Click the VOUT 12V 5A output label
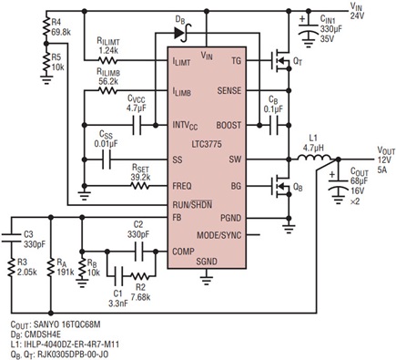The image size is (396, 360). pyautogui.click(x=374, y=150)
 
